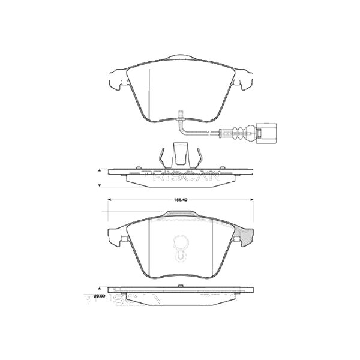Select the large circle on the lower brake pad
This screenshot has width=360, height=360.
(181, 244)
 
